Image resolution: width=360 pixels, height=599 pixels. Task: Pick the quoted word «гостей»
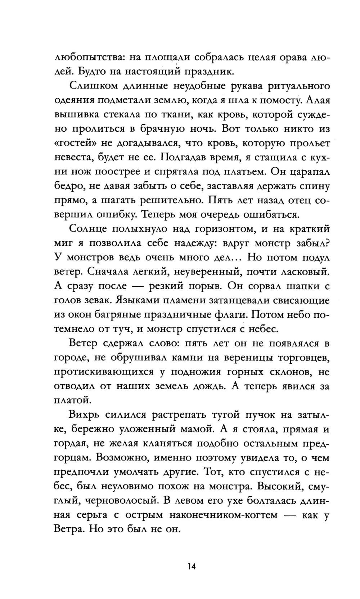(74, 143)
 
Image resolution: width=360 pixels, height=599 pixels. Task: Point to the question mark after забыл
(327, 243)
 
